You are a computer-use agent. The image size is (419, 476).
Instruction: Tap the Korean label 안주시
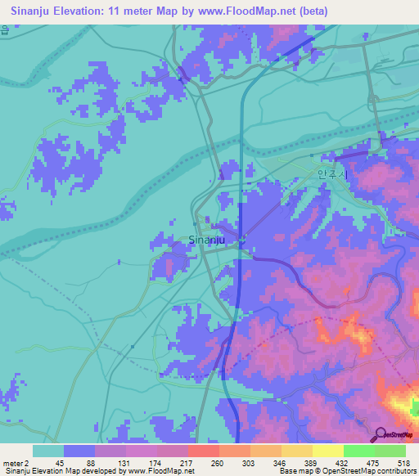pyautogui.click(x=332, y=173)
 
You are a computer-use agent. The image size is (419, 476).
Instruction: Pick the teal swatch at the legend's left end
pyautogui.click(x=48, y=450)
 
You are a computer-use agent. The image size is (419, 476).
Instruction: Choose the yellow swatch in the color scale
pyautogui.click(x=328, y=450)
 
